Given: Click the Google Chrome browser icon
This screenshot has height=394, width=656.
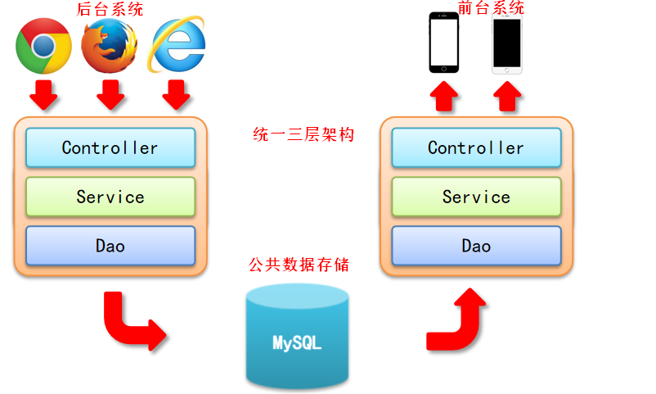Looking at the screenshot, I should coord(44,46).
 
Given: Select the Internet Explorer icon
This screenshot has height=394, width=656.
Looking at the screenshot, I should coord(175,46).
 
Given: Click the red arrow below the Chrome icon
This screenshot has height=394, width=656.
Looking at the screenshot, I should coord(44,95).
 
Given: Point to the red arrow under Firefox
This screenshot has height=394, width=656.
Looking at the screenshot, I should coord(110,95).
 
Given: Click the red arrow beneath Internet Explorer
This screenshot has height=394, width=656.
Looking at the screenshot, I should coord(175,95).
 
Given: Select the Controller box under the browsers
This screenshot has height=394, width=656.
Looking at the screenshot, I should coord(110,148).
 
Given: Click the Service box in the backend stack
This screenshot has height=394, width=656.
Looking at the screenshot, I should coord(110,197).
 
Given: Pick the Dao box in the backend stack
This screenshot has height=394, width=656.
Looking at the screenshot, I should coord(110,246).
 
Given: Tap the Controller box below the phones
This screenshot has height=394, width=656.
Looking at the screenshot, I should coord(476,148).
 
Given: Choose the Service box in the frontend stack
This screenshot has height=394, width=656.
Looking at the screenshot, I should coord(476,197).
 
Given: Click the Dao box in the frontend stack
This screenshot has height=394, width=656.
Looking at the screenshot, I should coord(476,246).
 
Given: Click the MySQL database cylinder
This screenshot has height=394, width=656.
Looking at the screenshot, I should coord(297,336).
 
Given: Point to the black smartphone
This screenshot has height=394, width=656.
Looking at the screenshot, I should coord(444,43).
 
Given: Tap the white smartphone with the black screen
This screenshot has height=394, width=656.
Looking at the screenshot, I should coord(507,43).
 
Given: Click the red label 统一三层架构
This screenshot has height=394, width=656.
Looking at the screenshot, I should coord(303,134).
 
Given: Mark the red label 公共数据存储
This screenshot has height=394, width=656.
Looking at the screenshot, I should coord(299,265).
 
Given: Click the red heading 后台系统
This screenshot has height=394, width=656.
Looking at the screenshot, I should coord(110,9).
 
